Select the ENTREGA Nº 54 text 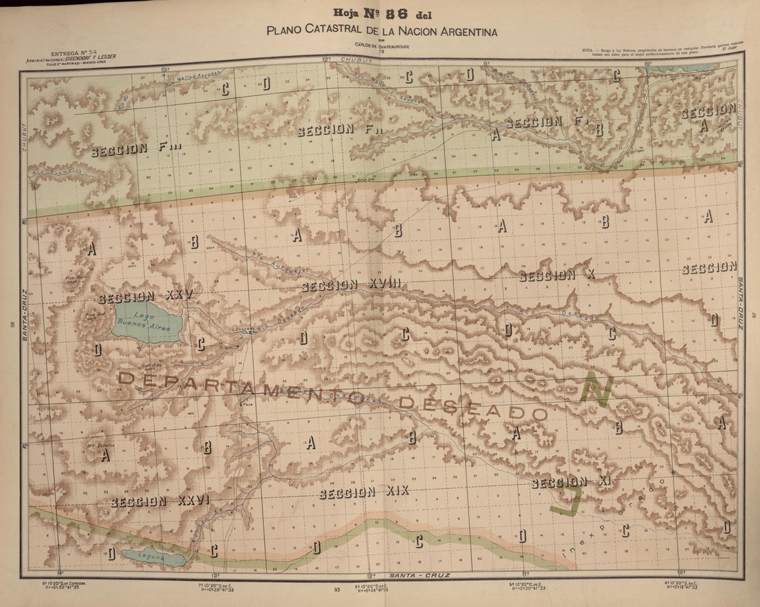point(73,52)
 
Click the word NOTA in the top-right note point(589,50)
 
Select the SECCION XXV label point(145,298)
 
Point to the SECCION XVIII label point(351,285)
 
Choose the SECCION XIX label point(364,492)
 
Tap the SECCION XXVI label point(160,501)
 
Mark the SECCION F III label point(135,148)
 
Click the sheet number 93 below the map point(336,590)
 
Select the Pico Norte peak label point(76,279)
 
